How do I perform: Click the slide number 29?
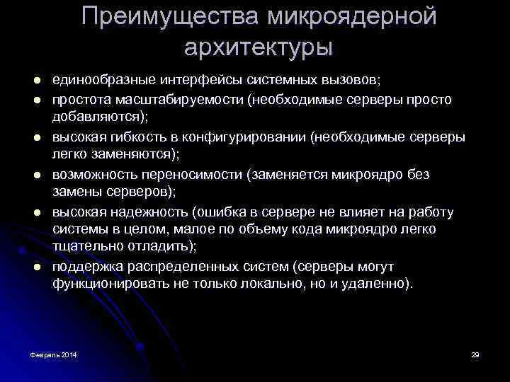click(475, 353)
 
